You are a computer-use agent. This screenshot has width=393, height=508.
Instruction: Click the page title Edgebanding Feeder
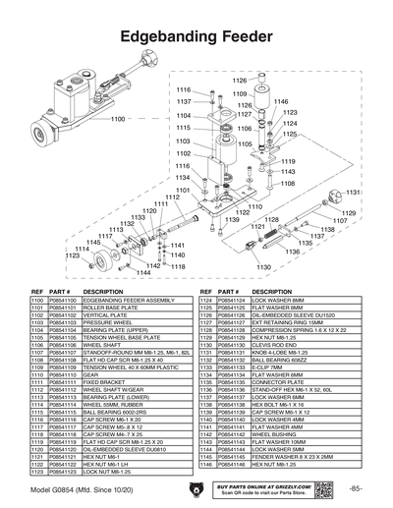coord(196,36)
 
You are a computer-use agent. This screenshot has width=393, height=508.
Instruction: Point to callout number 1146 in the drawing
coord(281,101)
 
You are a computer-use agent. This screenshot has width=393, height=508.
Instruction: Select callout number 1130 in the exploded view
coord(264,267)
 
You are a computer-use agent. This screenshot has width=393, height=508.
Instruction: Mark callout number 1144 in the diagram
coord(143,272)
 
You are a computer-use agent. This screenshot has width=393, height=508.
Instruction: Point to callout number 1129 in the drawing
coord(349,212)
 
